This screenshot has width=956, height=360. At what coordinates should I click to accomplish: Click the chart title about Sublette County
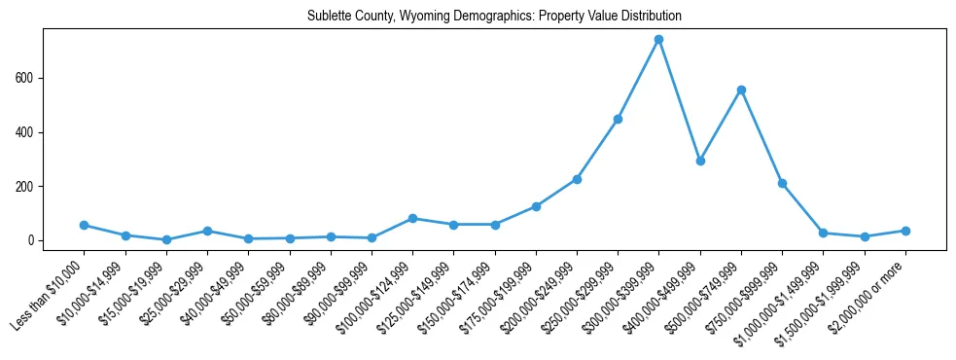click(x=494, y=17)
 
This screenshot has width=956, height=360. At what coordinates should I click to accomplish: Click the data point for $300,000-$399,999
click(x=658, y=40)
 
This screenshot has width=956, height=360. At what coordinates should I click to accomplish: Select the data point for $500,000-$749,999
click(x=741, y=90)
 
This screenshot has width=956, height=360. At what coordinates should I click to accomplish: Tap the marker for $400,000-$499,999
click(x=700, y=161)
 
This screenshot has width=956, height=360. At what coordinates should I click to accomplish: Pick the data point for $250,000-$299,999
click(x=618, y=119)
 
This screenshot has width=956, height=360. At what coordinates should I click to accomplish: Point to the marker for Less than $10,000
click(x=85, y=225)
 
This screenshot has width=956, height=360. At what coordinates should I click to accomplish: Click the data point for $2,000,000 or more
click(x=905, y=231)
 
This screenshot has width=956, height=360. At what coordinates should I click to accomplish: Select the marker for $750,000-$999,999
click(x=782, y=183)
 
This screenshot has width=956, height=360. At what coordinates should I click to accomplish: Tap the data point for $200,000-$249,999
click(x=577, y=179)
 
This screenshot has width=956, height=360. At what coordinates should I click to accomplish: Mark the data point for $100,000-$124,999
click(x=412, y=218)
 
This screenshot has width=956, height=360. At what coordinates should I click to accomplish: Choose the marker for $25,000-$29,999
click(x=207, y=231)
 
